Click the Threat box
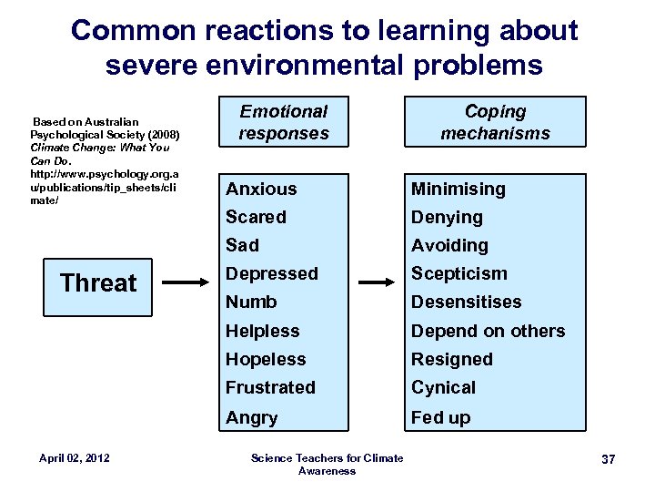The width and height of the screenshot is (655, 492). tap(98, 282)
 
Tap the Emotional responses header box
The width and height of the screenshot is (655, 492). tap(284, 123)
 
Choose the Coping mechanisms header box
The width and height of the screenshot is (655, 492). tap(495, 123)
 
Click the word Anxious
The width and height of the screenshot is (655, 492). tap(261, 189)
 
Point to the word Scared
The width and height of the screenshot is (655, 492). tap(256, 217)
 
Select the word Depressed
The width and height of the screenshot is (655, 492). tap(272, 273)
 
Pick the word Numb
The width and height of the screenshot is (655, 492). tap(251, 302)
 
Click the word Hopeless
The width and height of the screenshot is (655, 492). tap(266, 359)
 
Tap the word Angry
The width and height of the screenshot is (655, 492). tap(251, 417)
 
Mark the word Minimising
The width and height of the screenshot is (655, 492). tap(458, 189)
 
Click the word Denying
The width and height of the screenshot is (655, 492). tap(447, 217)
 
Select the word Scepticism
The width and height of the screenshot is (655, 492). tap(459, 273)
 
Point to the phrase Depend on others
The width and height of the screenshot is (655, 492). tap(488, 331)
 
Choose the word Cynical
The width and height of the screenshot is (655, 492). tap(443, 387)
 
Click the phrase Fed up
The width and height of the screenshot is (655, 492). tap(440, 417)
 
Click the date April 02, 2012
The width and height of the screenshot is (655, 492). tap(76, 457)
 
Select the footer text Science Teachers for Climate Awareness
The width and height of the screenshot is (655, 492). tap(327, 464)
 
